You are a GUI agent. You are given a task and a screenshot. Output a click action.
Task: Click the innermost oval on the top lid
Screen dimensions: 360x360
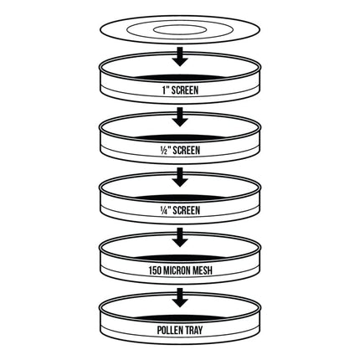180,26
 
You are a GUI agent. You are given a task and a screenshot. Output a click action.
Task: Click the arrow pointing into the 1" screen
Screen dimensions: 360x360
180,57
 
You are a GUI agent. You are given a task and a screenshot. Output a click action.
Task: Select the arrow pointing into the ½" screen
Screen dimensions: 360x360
180,117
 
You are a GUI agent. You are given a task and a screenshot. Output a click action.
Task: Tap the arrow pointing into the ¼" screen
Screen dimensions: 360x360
180,177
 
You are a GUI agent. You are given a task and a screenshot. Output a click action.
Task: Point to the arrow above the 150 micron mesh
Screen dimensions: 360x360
180,238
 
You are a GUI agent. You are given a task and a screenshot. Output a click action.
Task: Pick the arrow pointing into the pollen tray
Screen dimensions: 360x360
180,298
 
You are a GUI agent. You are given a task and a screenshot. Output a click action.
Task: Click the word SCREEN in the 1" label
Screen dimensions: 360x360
185,90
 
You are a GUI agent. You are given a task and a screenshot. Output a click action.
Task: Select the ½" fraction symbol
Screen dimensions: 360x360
165,151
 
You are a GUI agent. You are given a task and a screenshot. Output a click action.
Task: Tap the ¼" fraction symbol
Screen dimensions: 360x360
165,211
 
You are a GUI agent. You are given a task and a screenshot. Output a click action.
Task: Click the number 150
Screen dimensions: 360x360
155,271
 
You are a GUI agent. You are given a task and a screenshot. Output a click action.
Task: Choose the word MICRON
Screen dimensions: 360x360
177,271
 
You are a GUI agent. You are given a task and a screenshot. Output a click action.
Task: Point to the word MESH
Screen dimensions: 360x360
203,271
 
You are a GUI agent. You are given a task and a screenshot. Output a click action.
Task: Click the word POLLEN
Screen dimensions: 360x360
170,331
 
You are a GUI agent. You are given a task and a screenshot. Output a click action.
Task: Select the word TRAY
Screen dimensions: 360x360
194,331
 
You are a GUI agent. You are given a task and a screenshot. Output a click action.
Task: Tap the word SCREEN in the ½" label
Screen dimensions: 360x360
187,151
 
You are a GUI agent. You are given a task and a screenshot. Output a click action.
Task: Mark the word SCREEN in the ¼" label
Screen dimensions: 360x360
187,211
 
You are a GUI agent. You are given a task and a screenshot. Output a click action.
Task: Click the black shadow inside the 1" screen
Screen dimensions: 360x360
180,78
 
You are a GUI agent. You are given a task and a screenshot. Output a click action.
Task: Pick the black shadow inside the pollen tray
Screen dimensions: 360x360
180,319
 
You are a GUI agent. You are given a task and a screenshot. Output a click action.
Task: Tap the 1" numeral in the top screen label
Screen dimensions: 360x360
165,90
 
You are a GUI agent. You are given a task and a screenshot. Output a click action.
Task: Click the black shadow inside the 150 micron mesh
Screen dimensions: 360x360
180,259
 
